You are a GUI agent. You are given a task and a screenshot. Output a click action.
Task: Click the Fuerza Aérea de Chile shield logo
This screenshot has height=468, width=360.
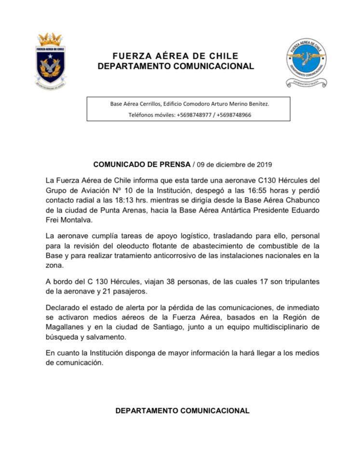[51, 60]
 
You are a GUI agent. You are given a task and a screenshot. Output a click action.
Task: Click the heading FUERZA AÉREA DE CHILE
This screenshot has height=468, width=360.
[175, 56]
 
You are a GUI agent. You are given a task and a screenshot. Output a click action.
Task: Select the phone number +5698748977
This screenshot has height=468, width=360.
[196, 115]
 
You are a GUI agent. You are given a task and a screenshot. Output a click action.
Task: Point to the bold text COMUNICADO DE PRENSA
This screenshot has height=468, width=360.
[142, 164]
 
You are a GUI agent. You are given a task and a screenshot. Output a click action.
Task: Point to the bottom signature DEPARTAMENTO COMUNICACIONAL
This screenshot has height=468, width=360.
[182, 411]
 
